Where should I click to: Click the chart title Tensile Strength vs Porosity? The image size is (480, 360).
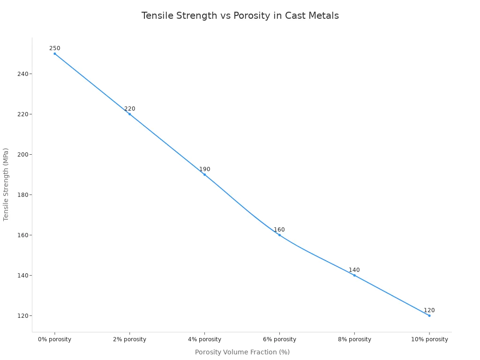240,15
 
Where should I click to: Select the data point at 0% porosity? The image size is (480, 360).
55,53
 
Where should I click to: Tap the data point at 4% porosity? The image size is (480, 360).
204,174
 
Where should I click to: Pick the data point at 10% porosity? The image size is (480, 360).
429,315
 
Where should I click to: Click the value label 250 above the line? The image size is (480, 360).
55,48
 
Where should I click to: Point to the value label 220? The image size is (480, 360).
130,109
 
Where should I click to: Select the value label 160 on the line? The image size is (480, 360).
279,230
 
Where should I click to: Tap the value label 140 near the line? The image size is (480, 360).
354,270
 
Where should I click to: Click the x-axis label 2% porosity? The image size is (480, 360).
130,339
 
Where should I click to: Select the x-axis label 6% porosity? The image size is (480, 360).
279,339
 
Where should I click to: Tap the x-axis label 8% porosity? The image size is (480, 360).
354,339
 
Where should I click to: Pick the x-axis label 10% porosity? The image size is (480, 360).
429,339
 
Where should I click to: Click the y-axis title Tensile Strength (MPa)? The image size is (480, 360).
6,184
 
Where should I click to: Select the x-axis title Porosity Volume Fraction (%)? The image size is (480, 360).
242,352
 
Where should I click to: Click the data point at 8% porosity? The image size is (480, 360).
354,275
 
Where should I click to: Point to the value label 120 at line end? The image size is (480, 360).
429,310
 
